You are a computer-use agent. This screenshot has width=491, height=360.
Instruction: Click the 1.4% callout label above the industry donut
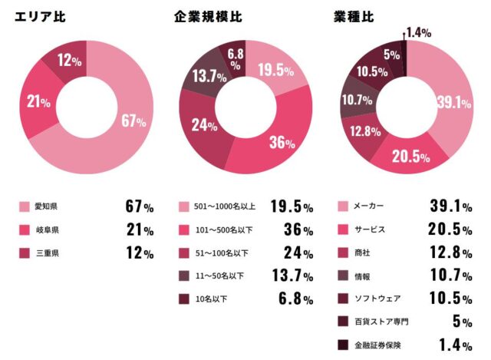point(418,32)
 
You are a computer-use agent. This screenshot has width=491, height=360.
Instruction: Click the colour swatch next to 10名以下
point(183,299)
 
